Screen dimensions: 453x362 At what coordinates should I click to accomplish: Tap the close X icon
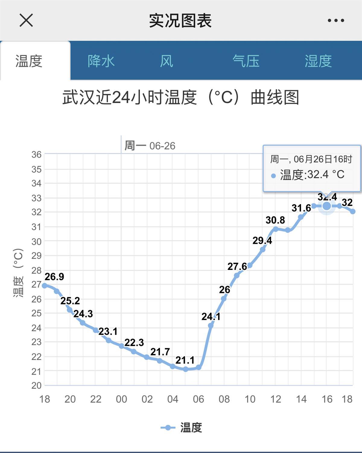(26, 20)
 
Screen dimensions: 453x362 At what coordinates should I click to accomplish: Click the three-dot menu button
(336, 20)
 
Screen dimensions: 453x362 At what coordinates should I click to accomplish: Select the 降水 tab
(101, 61)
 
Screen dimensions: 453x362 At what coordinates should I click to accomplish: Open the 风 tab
(167, 61)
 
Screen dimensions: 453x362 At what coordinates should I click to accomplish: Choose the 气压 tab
(246, 61)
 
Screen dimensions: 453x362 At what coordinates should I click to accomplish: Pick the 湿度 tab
(318, 61)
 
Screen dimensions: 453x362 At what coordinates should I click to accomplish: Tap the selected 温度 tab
(29, 61)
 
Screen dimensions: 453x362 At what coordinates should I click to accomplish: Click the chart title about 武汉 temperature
(181, 97)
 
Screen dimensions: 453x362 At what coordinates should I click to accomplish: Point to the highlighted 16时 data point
(327, 206)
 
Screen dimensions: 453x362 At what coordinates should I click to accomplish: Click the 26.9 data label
(54, 277)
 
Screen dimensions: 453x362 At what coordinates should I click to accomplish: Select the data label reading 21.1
(185, 360)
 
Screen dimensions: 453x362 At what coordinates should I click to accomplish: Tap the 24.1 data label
(211, 317)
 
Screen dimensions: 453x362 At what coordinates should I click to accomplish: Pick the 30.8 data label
(275, 220)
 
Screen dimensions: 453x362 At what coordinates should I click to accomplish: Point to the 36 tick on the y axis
(37, 155)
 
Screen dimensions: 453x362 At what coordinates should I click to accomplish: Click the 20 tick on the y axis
(37, 385)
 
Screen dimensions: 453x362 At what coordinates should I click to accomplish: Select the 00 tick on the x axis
(121, 399)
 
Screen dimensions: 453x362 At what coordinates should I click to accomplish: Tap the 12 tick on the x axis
(276, 399)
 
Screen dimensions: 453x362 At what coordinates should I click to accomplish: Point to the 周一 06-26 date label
(150, 146)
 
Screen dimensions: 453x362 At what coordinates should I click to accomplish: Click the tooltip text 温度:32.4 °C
(312, 175)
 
